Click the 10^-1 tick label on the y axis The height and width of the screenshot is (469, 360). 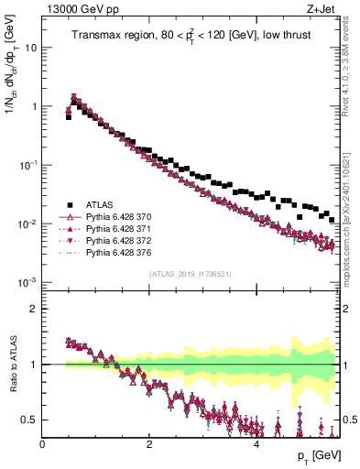[27, 165]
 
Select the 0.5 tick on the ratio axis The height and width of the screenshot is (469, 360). [30, 420]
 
